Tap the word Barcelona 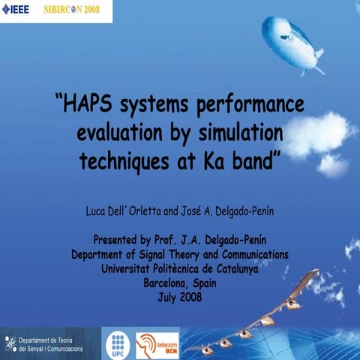163,283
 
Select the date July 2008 180,297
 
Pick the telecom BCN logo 157,344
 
